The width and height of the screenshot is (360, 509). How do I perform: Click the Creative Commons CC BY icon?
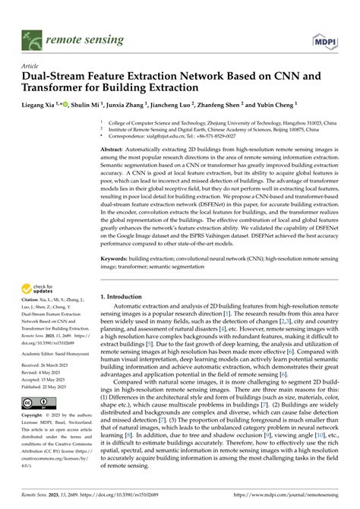pyautogui.click(x=38, y=403)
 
